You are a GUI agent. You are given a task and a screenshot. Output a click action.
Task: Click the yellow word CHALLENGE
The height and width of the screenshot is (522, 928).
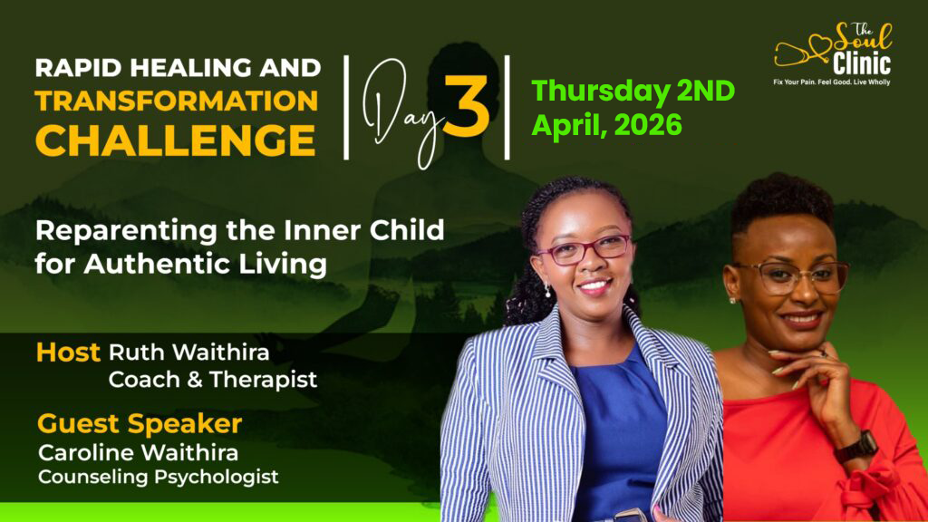pyautogui.click(x=175, y=140)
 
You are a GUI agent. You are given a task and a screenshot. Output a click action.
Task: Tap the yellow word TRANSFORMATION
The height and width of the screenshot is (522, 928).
pyautogui.click(x=177, y=101)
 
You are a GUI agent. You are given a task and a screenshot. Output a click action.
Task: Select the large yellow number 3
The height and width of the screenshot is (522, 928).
pyautogui.click(x=467, y=106)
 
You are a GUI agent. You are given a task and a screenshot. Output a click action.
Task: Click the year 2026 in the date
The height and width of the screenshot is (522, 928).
pyautogui.click(x=648, y=125)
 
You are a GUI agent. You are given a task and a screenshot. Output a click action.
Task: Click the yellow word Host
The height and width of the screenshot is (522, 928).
pyautogui.click(x=68, y=353)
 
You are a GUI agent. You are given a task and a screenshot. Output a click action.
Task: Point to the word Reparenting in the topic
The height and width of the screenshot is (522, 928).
pyautogui.click(x=125, y=231)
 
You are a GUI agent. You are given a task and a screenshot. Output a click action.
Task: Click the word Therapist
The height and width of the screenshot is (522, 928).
pyautogui.click(x=264, y=380)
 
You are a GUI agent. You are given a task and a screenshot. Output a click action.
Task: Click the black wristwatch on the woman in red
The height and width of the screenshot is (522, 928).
pyautogui.click(x=856, y=446)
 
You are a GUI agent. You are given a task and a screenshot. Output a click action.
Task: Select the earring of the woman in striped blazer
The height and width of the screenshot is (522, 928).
pyautogui.click(x=547, y=291)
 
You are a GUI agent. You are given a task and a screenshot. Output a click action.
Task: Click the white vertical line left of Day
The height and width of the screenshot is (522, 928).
pyautogui.click(x=346, y=107)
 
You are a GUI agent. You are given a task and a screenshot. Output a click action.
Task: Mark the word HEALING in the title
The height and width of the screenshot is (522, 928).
pyautogui.click(x=188, y=68)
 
